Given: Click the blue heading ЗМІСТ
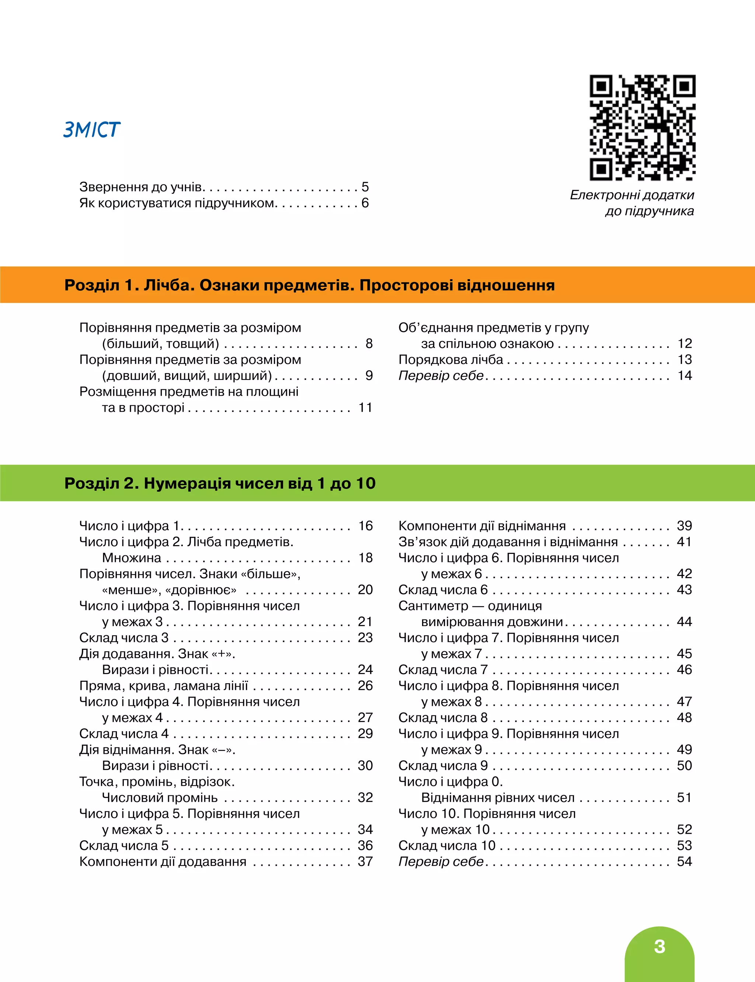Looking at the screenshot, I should tap(92, 129).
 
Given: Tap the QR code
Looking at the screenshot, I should tap(642, 128).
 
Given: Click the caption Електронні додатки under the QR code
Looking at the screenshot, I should tap(632, 195).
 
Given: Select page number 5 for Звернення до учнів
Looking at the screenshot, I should tap(365, 187).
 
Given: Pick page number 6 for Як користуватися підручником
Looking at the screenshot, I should tap(365, 203).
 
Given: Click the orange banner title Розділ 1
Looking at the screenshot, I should tap(309, 285).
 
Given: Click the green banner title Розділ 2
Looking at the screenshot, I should tap(220, 483).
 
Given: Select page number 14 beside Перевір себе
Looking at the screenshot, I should tap(685, 375).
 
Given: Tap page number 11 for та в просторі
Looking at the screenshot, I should tap(365, 407).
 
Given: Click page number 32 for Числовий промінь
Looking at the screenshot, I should tap(365, 797).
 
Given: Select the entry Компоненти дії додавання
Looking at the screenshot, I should tap(163, 861).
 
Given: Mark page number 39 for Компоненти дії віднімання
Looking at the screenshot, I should tap(684, 525).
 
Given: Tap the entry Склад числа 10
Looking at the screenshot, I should tap(447, 845).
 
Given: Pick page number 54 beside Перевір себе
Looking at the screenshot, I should tap(684, 861).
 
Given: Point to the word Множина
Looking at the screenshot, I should tap(131, 558).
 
